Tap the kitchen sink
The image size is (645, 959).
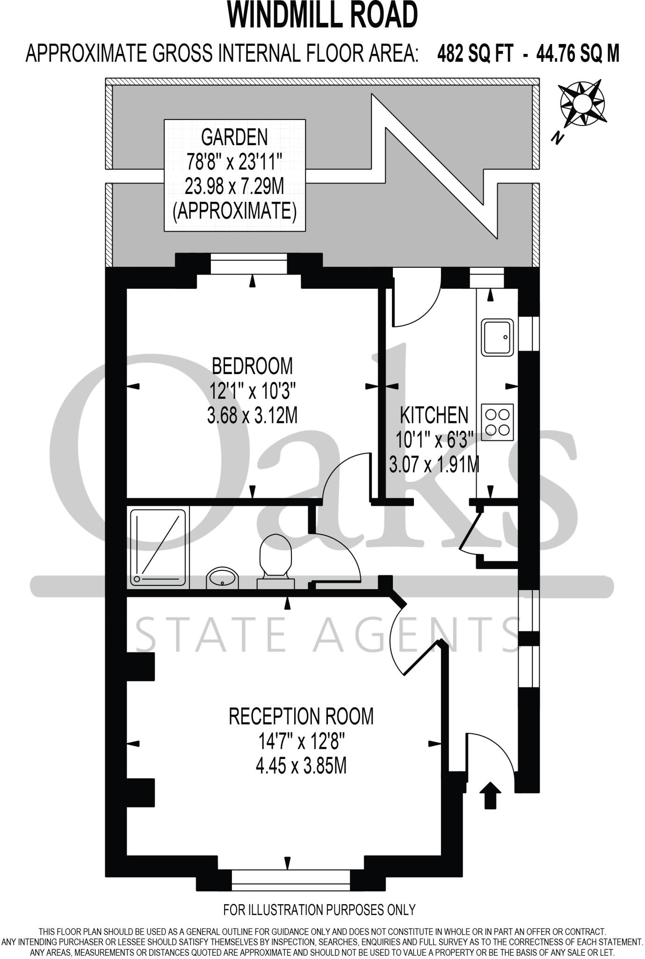498,337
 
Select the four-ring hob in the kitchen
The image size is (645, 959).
497,422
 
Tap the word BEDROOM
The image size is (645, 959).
252,366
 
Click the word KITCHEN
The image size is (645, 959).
434,415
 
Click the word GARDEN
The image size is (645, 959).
234,137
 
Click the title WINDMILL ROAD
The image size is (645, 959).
322,16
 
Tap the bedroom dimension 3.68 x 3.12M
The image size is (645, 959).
252,415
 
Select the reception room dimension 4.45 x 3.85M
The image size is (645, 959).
301,767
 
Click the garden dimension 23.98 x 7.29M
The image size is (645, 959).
234,187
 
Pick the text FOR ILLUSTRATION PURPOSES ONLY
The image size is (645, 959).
319,910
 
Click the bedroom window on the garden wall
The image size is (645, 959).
248,266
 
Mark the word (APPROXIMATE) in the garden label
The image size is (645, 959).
234,212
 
